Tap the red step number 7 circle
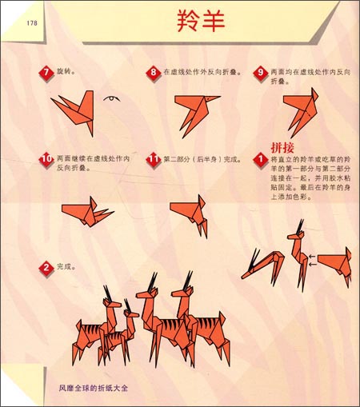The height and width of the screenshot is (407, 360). coord(46,74)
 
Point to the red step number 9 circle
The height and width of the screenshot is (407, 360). coord(261,74)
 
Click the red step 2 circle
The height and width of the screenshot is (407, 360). coord(46,266)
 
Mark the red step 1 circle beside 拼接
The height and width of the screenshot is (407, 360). coord(261,161)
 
